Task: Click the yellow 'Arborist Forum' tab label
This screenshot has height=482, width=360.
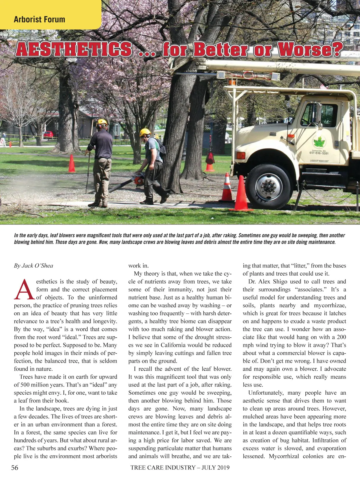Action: [39, 20]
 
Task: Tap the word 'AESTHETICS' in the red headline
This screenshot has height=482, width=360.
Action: [74, 50]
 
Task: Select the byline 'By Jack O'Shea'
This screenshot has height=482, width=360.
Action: [33, 266]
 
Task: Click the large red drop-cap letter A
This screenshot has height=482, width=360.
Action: [24, 290]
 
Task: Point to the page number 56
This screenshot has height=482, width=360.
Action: [14, 467]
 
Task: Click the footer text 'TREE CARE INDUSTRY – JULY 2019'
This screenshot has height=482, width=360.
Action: [180, 467]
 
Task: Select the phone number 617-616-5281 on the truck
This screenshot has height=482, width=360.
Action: [319, 153]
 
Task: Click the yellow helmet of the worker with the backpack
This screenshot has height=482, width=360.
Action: [145, 132]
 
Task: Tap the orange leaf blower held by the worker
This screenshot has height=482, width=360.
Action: [138, 179]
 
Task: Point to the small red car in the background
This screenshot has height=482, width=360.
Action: [48, 135]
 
